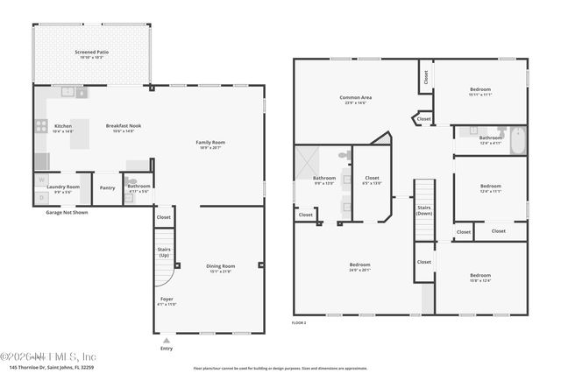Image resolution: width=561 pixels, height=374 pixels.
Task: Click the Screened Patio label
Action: pyautogui.click(x=91, y=54)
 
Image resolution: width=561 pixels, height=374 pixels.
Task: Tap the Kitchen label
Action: pyautogui.click(x=63, y=126)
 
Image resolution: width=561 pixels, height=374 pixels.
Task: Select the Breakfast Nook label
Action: pyautogui.click(x=124, y=128)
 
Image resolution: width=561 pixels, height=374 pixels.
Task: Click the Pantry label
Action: pyautogui.click(x=107, y=187)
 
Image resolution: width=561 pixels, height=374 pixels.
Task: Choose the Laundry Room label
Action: pyautogui.click(x=63, y=187)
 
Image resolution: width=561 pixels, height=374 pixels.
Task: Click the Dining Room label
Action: pyautogui.click(x=220, y=268)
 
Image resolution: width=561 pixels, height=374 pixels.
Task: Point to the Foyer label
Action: pyautogui.click(x=167, y=300)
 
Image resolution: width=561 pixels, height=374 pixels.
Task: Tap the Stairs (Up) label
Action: pyautogui.click(x=164, y=252)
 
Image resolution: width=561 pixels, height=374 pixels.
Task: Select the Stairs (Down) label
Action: pyautogui.click(x=424, y=210)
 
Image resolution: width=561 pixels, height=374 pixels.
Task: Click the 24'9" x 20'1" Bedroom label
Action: pyautogui.click(x=359, y=266)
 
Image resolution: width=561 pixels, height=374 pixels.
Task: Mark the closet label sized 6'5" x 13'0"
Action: pyautogui.click(x=372, y=180)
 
